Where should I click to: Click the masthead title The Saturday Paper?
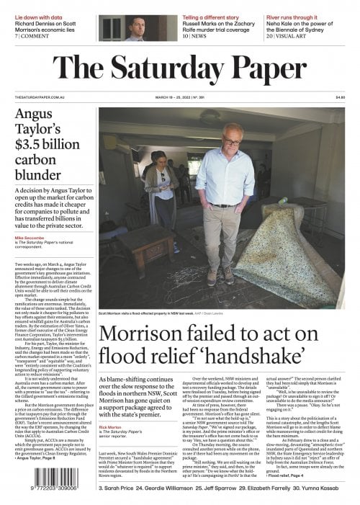click(x=180, y=69)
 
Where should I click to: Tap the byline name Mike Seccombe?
click(x=30, y=236)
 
